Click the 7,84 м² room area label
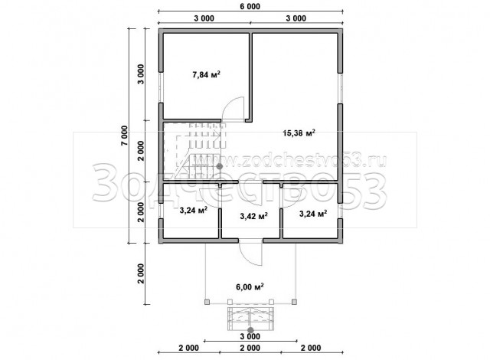[206, 75]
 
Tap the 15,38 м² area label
[299, 133]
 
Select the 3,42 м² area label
[253, 216]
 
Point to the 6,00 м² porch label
[250, 286]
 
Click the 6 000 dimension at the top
[250, 6]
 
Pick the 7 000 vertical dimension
[124, 136]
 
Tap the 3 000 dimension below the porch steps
[250, 336]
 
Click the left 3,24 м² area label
[194, 211]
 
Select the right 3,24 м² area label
[313, 214]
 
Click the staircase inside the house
[194, 151]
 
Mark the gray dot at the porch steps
[250, 330]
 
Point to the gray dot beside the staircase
[220, 166]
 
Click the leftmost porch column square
[207, 302]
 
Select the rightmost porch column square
[294, 302]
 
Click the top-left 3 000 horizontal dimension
[204, 18]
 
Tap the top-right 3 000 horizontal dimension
[296, 18]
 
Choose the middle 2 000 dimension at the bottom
[250, 348]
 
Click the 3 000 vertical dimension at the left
[141, 74]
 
